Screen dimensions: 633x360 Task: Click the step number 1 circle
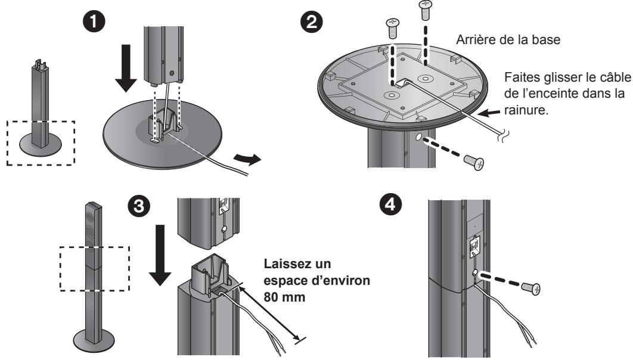94,22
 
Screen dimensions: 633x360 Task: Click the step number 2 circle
311,22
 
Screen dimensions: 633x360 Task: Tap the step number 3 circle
138,206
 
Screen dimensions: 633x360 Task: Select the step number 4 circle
390,204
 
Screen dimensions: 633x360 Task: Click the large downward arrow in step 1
126,68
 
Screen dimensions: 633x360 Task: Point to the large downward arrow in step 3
160,255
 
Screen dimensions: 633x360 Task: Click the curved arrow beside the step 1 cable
247,159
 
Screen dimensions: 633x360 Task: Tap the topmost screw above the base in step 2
425,10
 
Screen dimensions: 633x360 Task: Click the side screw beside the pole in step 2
474,162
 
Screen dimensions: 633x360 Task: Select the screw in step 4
530,288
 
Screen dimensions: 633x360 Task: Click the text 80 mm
284,297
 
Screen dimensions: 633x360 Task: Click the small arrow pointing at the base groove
491,113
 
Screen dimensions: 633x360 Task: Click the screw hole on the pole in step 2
418,138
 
